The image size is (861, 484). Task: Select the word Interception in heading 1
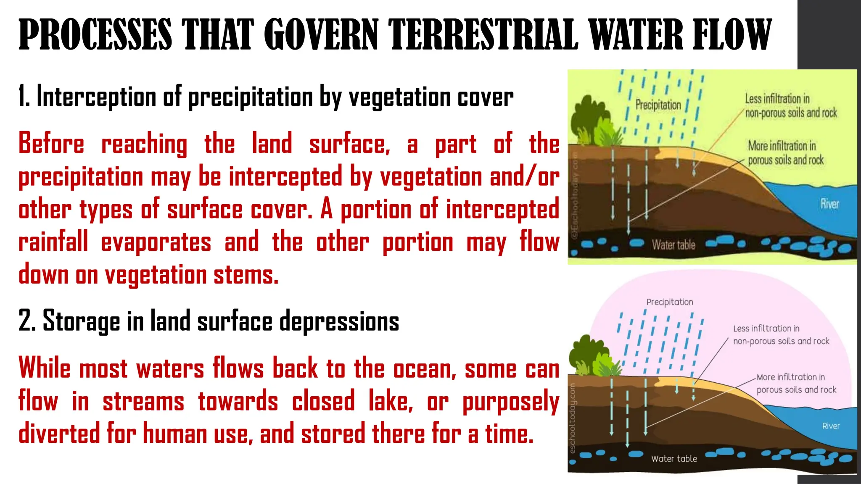(96, 97)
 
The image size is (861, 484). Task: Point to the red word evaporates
(156, 242)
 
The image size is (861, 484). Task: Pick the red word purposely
(511, 402)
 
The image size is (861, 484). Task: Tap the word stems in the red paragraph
(246, 275)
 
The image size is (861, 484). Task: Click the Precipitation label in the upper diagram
(658, 105)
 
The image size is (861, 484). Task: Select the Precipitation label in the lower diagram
(670, 302)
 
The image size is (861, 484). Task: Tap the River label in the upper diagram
(829, 204)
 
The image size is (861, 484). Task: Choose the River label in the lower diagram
(831, 426)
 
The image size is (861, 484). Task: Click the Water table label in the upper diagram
(673, 245)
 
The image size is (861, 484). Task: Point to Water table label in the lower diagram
(674, 459)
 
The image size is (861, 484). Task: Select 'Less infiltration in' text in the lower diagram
(766, 329)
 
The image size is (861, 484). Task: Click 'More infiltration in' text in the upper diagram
(782, 146)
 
